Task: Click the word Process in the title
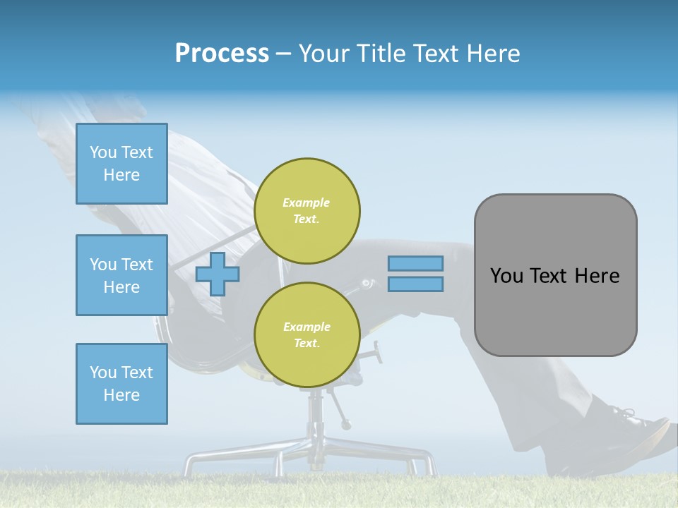(222, 54)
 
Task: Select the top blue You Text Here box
(121, 164)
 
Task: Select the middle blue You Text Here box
(121, 275)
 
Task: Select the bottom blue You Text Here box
(121, 384)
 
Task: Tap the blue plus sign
(218, 274)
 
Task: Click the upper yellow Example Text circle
(307, 211)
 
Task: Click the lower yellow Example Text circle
(307, 335)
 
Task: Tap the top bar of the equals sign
(415, 264)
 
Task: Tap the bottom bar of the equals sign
(415, 284)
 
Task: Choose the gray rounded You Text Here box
(555, 275)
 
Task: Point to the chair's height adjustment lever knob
(346, 425)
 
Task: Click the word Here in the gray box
(597, 276)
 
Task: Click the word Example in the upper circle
(307, 202)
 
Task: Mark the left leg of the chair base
(212, 455)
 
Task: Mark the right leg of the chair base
(410, 455)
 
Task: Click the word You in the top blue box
(103, 152)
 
